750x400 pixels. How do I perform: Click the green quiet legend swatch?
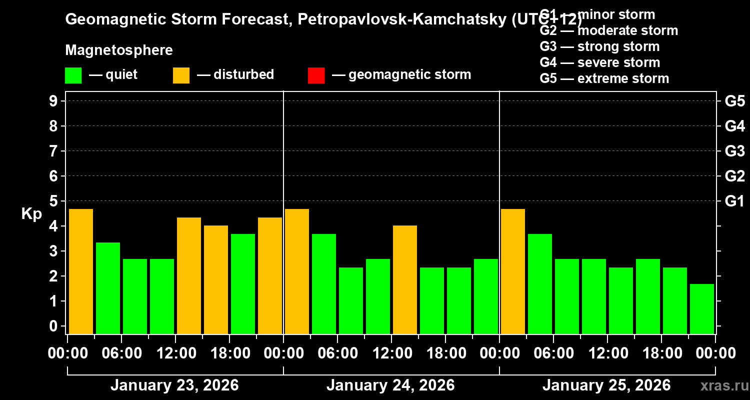coord(73,75)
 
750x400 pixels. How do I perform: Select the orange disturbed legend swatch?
coord(181,75)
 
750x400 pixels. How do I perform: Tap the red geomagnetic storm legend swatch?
coord(316,75)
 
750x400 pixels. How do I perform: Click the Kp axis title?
coord(31,214)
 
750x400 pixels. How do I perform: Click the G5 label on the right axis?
coord(734,101)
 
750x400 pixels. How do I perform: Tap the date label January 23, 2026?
coord(174,385)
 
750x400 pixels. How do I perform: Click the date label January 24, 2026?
coord(390,385)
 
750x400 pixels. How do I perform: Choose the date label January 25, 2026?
coord(606,385)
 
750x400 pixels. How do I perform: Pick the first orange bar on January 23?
coord(81,271)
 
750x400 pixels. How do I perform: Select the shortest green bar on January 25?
coord(702,308)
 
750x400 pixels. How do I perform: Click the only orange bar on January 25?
coord(513,271)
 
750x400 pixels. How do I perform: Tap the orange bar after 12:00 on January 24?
coord(405,279)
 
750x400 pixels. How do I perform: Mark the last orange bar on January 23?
coord(270,275)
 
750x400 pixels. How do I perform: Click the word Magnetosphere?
coord(119,50)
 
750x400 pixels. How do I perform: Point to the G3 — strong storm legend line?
coord(599,46)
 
